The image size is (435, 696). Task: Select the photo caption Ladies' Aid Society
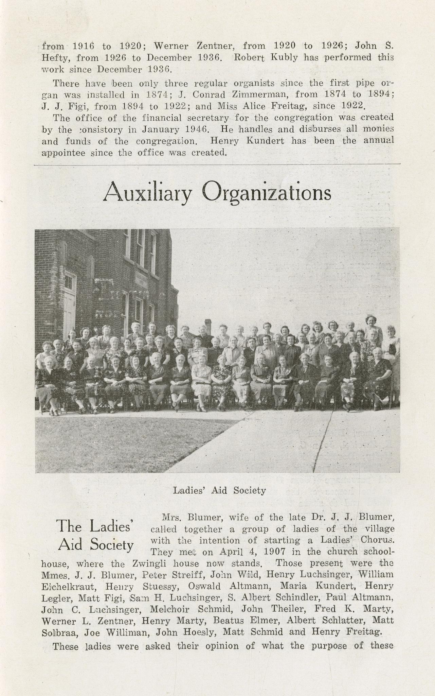tap(219, 490)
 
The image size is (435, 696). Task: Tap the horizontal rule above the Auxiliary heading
tap(217, 165)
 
